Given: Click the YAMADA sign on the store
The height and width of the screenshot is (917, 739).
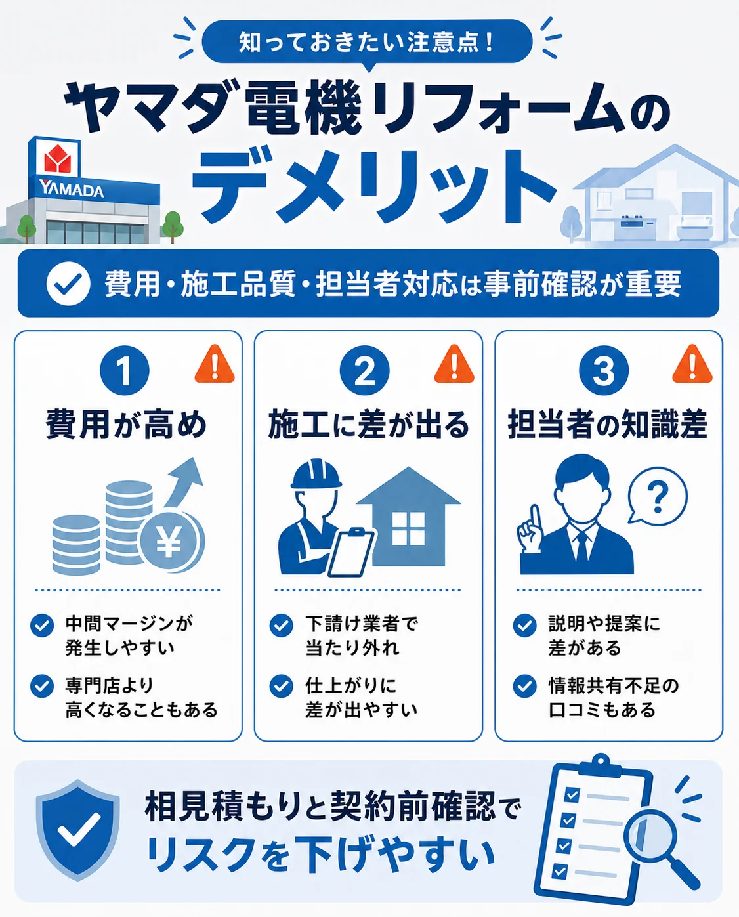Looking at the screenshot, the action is [x=71, y=189].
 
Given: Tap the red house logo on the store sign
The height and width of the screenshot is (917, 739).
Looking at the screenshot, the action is [x=58, y=158].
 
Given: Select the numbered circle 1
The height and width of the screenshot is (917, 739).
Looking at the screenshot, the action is [x=125, y=370].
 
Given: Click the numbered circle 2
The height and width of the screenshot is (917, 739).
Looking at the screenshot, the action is [x=364, y=370].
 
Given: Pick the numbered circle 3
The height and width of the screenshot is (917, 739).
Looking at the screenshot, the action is [x=604, y=370].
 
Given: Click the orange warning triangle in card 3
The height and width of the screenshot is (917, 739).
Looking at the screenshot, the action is [x=692, y=365].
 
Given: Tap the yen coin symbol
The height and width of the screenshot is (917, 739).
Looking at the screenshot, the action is [x=169, y=542].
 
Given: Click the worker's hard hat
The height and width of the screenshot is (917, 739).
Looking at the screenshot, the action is [x=316, y=473].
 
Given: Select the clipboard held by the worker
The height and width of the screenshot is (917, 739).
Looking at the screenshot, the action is [x=351, y=552].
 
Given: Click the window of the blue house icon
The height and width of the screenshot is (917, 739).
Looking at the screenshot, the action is [x=408, y=528].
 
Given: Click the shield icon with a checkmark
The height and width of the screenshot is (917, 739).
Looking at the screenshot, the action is [x=77, y=830].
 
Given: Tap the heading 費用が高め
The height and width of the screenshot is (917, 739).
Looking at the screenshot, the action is [x=126, y=425].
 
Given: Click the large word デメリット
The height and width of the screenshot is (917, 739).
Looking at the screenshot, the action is [x=374, y=186].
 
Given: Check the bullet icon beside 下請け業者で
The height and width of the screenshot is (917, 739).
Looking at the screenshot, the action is [x=282, y=626].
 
